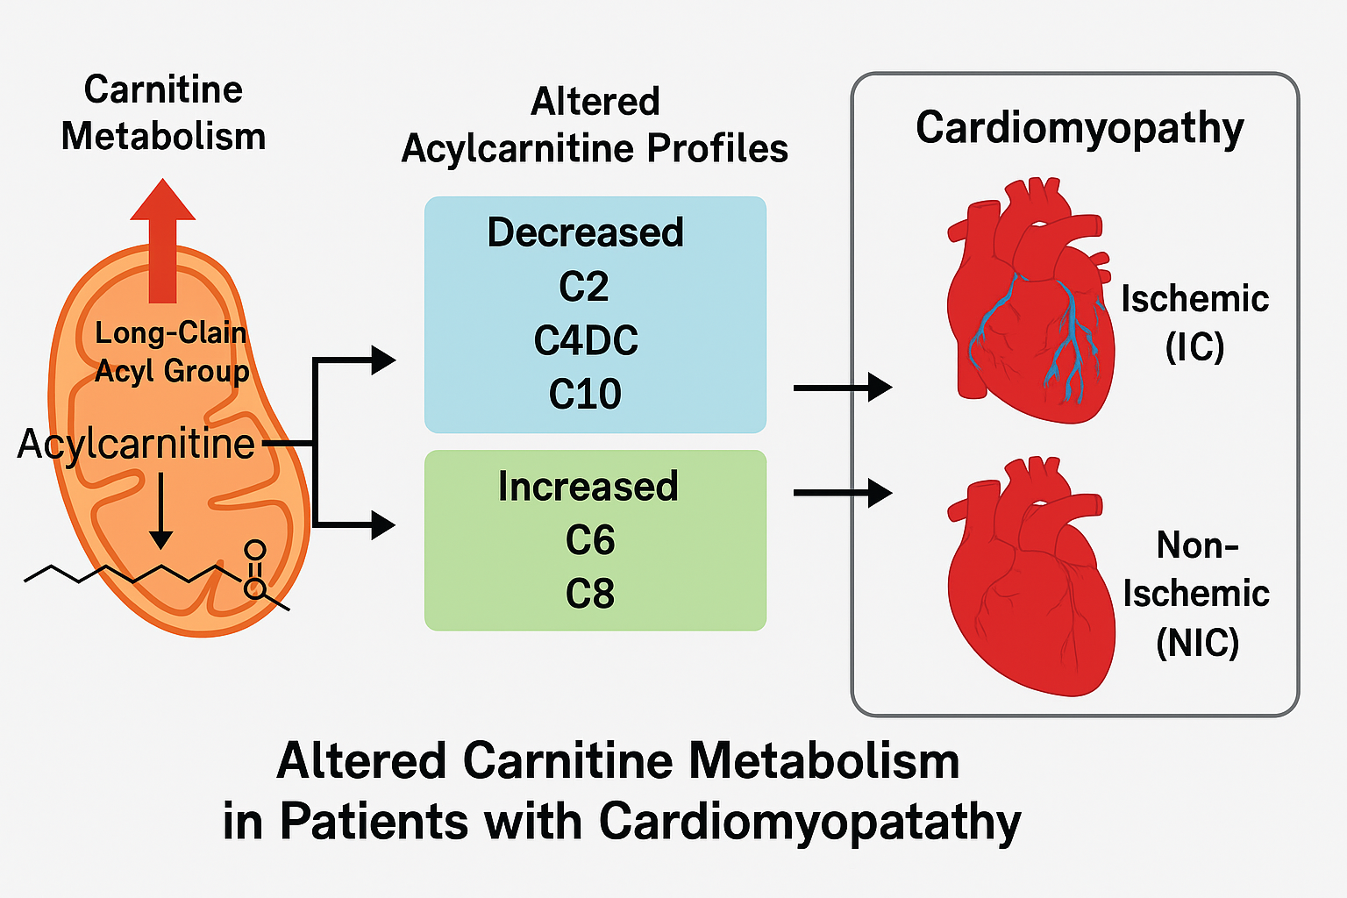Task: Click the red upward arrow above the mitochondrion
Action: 162,241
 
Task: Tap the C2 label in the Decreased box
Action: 584,287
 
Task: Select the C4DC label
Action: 586,340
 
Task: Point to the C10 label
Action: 585,394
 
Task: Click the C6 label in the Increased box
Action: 589,540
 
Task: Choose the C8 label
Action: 589,594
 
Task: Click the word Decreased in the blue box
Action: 585,232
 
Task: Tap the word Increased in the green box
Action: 588,487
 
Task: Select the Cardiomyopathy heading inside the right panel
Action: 1080,128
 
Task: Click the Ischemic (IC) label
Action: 1194,323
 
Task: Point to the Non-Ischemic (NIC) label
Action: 1197,594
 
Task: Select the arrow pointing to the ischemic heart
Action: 842,387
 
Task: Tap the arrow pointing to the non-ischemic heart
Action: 842,493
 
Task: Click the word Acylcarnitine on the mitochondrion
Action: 136,444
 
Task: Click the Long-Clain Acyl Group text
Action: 172,352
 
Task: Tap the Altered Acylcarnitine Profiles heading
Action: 595,125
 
